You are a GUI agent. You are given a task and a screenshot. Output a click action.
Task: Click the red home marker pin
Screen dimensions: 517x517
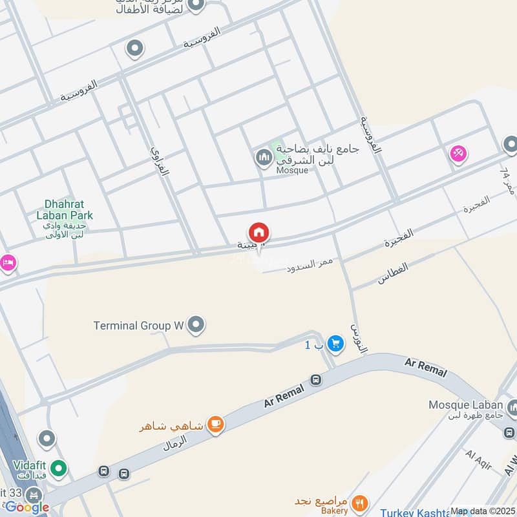point(259,233)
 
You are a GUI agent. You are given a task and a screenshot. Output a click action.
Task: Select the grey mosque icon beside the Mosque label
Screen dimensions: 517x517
point(263,157)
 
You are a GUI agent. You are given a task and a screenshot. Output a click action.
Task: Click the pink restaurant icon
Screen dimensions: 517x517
point(459,153)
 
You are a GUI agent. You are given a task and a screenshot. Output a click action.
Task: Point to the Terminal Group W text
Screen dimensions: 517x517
point(138,326)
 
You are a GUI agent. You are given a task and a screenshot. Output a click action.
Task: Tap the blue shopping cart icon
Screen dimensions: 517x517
point(335,344)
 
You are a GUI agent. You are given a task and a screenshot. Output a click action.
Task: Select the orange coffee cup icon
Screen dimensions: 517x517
point(215,425)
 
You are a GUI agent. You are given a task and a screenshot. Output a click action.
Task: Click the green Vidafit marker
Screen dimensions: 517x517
point(59,469)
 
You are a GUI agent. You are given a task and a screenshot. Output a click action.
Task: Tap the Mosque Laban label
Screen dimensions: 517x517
point(465,405)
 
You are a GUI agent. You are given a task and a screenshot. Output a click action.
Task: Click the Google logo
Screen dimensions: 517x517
point(27,507)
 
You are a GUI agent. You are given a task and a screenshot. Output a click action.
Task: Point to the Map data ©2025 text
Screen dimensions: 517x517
point(483,511)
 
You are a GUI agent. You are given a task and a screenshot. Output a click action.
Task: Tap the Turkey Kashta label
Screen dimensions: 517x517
point(414,512)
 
